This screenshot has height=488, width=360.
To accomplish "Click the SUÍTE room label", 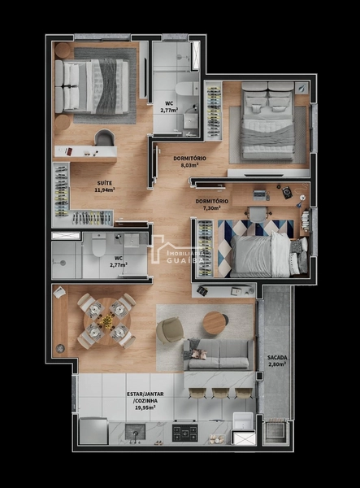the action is point(105,183).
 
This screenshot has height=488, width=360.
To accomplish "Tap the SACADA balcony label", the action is point(277,358).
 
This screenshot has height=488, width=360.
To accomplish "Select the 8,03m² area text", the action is point(189,165).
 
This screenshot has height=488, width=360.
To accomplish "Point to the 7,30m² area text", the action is point(212,207).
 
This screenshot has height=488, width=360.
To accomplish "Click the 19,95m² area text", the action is point(145,407).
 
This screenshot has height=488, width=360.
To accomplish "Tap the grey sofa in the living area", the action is point(219,355).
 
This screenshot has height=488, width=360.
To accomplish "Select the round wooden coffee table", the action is point(215,324).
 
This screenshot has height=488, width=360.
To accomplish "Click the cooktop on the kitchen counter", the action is point(185,433).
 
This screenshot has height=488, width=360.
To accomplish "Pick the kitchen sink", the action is point(135,432).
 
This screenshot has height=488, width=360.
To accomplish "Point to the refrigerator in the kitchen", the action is point(93,431).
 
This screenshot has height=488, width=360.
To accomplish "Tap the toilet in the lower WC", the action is point(99,246).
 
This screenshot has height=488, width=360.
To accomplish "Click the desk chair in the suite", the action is point(105,137).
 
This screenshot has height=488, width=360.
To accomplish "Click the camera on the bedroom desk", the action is point(287,192).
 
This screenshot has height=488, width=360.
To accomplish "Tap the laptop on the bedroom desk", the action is point(259,195).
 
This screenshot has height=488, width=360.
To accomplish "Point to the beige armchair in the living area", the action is point(170,330).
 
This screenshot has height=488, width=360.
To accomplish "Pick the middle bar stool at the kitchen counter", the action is point(220,393).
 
